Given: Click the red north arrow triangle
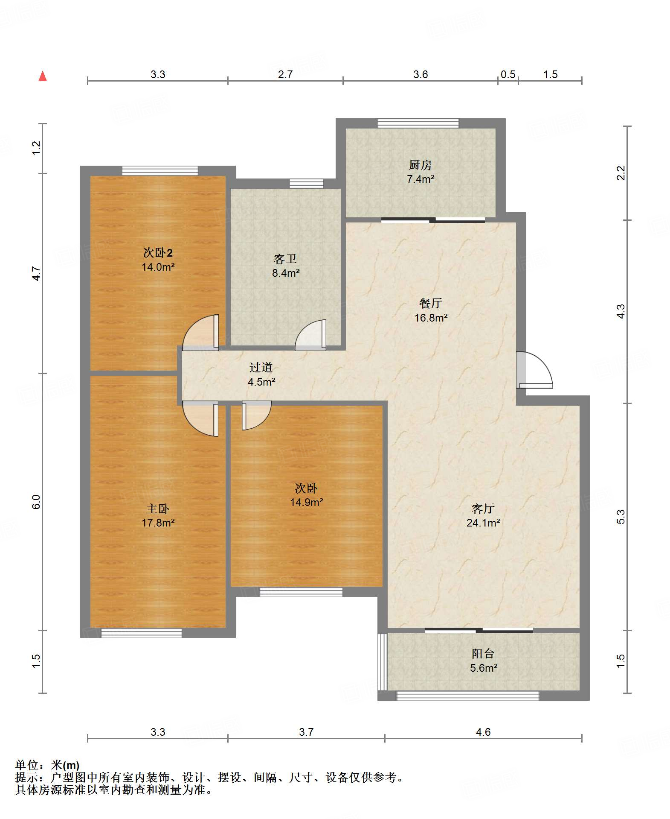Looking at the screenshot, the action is pos(43,76).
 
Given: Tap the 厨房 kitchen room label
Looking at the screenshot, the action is pos(420,165).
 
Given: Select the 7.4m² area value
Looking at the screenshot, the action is pos(421,179).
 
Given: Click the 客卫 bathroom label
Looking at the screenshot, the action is pos(285,259).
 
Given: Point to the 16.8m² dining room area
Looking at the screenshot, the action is pos(431,318).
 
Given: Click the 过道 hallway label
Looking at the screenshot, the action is pos(261,367).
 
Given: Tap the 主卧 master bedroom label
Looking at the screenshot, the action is pos(158,509).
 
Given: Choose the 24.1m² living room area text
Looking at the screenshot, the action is pos(483,523).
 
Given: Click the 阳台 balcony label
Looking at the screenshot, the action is pos(483,653).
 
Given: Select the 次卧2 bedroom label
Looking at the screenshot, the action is pos(158,253).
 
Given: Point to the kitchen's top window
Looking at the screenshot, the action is pos(418,123).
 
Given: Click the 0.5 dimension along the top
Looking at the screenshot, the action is pos(508,74).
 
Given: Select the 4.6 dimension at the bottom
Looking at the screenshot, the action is pos(483,732).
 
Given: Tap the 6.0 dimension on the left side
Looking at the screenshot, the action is pos(36,501).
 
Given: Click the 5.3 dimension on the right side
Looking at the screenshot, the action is pos(621,517).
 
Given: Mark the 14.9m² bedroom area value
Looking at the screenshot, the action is pos(306,502).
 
